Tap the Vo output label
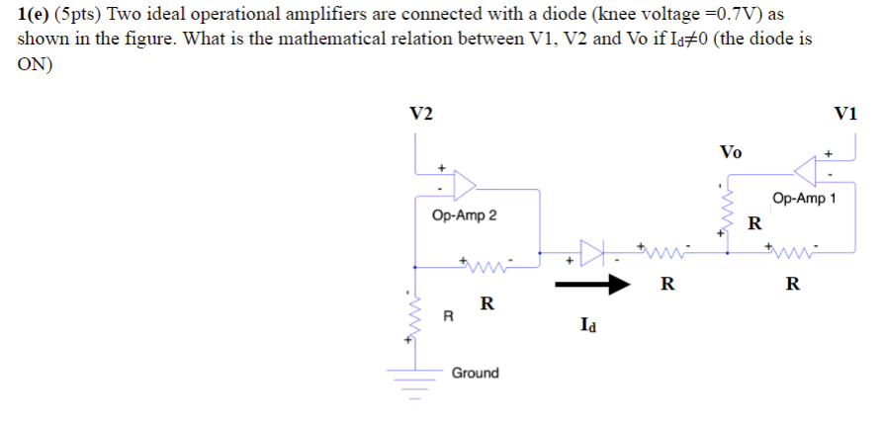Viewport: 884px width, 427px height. [x=731, y=152]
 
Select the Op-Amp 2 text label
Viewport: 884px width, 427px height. [x=465, y=215]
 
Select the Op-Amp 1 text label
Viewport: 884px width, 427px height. [x=805, y=198]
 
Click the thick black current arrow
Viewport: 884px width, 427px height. [x=592, y=285]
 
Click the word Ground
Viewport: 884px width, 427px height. [x=475, y=373]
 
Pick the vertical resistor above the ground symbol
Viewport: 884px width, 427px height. [x=415, y=317]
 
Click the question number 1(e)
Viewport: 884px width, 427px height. [x=35, y=15]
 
